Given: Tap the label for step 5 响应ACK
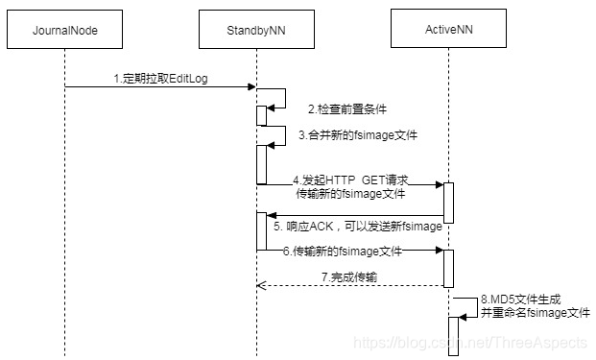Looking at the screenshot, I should (357, 227).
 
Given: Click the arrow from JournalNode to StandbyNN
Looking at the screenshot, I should (159, 88).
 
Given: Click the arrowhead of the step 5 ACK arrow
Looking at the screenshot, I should (272, 216).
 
